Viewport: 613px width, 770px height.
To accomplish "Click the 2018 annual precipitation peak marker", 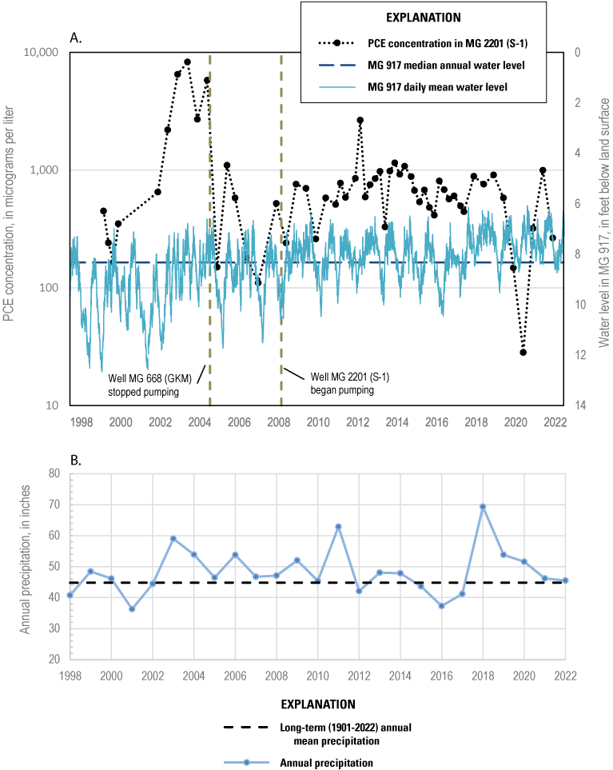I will coord(483,506).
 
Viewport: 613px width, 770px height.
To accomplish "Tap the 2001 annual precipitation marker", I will coord(132,609).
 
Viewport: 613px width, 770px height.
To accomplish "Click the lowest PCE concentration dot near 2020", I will coord(523,352).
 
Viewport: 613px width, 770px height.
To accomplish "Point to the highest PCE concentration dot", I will coord(187,62).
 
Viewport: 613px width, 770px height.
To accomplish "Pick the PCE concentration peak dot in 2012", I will coord(360,120).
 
